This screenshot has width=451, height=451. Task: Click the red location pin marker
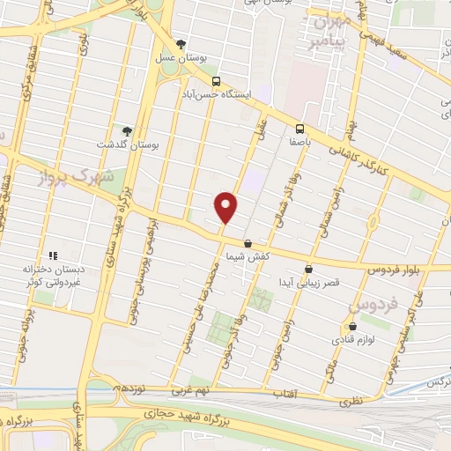226,207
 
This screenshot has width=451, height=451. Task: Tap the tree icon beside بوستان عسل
181,43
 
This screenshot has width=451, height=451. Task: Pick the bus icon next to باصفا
299,128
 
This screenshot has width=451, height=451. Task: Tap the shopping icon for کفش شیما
248,243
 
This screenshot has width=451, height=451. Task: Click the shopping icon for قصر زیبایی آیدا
308,269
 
